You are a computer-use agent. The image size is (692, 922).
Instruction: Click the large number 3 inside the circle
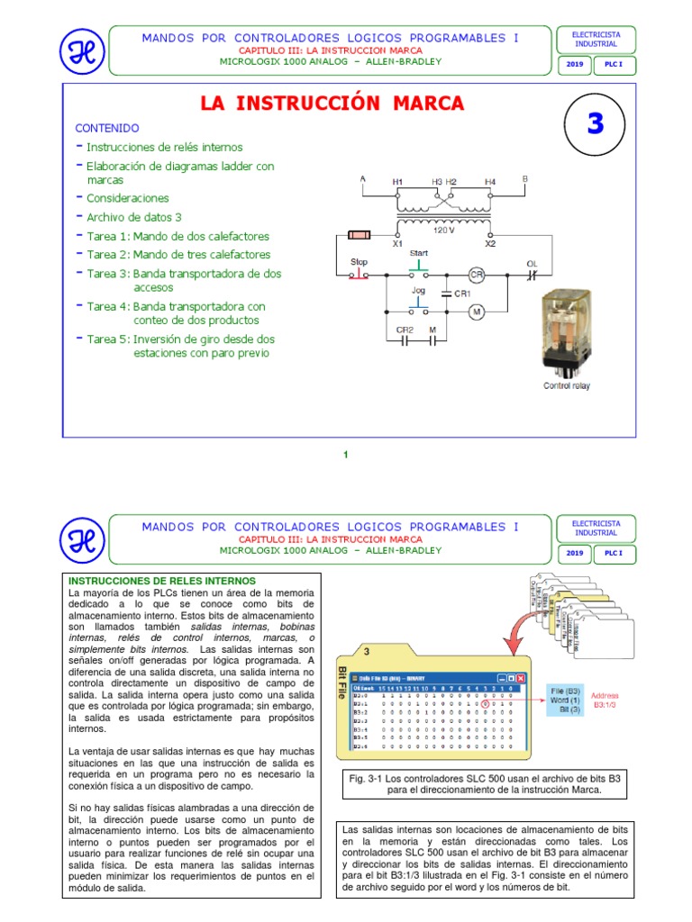pyautogui.click(x=595, y=123)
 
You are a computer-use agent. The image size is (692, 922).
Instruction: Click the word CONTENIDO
pyautogui.click(x=106, y=128)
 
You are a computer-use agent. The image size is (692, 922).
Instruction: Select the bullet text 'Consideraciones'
pyautogui.click(x=127, y=198)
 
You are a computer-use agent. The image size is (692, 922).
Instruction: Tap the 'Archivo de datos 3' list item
pyautogui.click(x=134, y=218)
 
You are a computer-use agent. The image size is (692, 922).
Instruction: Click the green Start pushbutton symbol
pyautogui.click(x=419, y=267)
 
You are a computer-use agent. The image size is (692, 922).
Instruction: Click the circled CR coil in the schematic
pyautogui.click(x=477, y=273)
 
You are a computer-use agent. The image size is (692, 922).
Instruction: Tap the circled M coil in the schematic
pyautogui.click(x=477, y=311)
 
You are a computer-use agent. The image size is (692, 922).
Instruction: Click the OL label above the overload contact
pyautogui.click(x=532, y=263)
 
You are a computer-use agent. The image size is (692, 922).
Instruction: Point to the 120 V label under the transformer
pyautogui.click(x=442, y=230)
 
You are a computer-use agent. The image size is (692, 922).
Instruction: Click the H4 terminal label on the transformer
pyautogui.click(x=489, y=182)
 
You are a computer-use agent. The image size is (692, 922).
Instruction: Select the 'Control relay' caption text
pyautogui.click(x=567, y=386)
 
